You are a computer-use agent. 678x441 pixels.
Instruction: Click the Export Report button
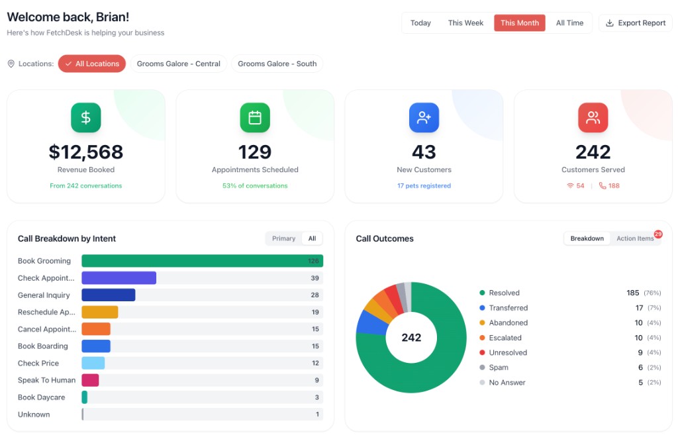click(635, 23)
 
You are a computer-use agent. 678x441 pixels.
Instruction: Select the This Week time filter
click(465, 23)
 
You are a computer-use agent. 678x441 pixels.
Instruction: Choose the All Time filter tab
click(569, 23)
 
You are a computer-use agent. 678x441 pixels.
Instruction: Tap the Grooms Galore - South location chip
click(277, 64)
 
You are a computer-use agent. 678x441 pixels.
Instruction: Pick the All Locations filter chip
click(92, 64)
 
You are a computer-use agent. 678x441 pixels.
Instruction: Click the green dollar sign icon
click(86, 118)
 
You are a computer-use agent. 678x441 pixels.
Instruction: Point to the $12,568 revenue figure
click(86, 152)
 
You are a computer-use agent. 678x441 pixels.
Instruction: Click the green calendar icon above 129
click(255, 118)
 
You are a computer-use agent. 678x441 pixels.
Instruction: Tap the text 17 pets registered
click(424, 186)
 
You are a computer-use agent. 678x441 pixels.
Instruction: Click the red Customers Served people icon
click(593, 118)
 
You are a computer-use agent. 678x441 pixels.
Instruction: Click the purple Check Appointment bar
click(119, 278)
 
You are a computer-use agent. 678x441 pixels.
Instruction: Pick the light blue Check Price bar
click(93, 363)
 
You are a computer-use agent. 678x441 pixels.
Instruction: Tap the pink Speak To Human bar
click(90, 380)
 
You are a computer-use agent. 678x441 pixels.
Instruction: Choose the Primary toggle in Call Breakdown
click(283, 238)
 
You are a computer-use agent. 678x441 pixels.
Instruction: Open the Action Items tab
click(634, 238)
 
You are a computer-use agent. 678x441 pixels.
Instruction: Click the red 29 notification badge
click(658, 234)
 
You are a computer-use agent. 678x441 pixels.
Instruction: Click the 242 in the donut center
click(411, 338)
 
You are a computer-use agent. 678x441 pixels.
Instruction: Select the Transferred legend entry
click(508, 308)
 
